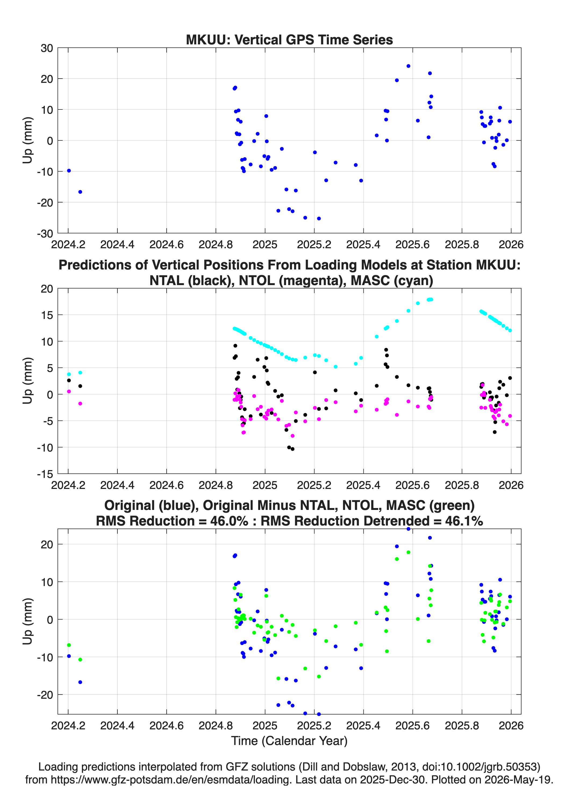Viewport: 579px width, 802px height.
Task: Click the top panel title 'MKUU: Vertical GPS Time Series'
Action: pos(289,40)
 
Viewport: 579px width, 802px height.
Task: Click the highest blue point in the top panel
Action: pos(408,66)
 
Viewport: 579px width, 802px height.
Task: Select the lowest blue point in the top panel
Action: pos(319,219)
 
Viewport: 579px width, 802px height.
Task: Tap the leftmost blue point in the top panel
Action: pos(69,171)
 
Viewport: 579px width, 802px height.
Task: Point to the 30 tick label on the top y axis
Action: pos(47,48)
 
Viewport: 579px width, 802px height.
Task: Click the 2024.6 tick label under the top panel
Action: pos(166,244)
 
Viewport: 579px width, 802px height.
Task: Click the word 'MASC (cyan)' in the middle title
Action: pos(392,281)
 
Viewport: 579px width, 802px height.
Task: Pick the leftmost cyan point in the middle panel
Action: pos(69,374)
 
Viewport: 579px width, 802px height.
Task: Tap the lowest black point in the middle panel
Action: pos(292,449)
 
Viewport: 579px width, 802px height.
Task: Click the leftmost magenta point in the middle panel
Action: pos(69,392)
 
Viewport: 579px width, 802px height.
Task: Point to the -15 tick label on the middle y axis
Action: pos(45,474)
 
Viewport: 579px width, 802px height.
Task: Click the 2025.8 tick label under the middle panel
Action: pos(462,485)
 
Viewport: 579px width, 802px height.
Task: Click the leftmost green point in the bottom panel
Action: pos(69,645)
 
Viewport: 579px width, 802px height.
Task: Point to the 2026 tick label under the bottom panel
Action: pos(511,726)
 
